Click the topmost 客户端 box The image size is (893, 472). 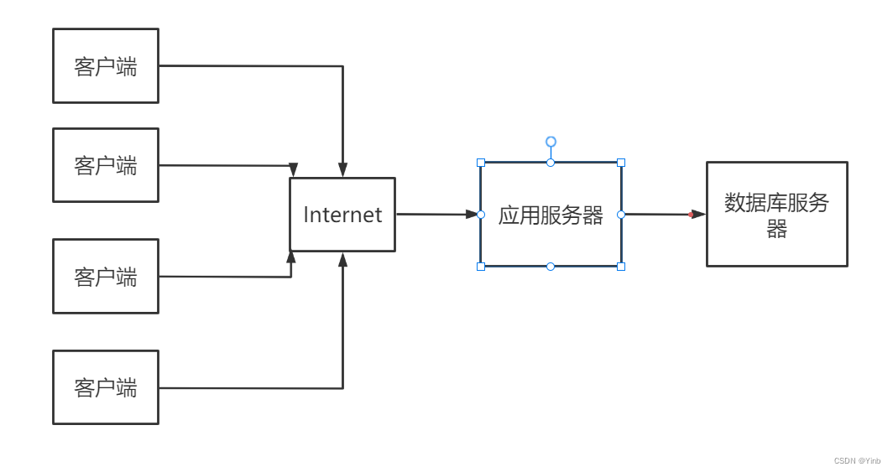(105, 66)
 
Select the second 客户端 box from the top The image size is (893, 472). (105, 165)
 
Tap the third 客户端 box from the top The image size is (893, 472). (105, 276)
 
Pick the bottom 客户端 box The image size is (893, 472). (105, 387)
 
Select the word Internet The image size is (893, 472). (342, 215)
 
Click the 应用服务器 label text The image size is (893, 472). (551, 215)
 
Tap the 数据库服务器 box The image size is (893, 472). (776, 214)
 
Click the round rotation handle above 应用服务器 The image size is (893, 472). (551, 142)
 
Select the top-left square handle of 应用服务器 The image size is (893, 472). (481, 163)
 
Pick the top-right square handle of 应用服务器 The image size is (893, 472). (621, 163)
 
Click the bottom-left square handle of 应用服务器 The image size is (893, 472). (481, 267)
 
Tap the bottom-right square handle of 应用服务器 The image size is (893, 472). (621, 267)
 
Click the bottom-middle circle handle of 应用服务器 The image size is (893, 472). (551, 267)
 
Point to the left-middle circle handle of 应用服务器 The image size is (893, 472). (481, 215)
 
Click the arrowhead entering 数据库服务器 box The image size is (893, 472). (698, 215)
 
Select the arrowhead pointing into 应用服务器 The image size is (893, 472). (472, 215)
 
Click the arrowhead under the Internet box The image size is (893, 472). (342, 259)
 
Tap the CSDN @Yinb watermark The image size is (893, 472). (857, 461)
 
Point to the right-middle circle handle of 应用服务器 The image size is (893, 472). (621, 215)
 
